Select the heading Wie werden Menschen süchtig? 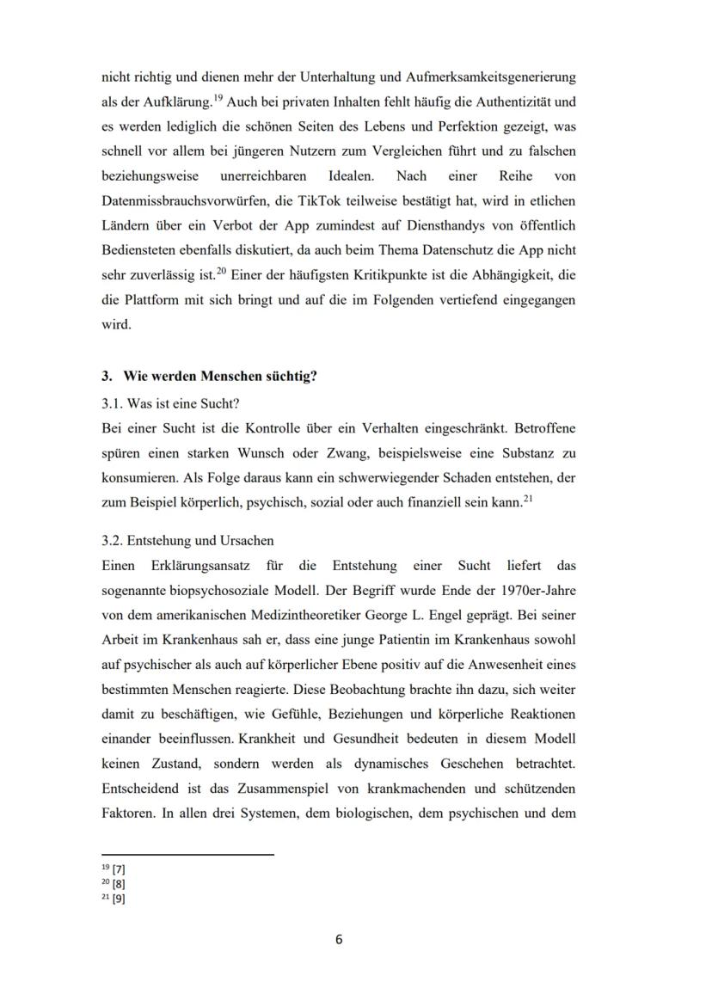coord(219,376)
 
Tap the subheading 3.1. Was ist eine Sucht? coord(170,402)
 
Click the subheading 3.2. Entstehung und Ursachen coord(187,541)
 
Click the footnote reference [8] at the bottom coord(119,883)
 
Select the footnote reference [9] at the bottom coord(119,899)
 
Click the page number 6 coord(339,939)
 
